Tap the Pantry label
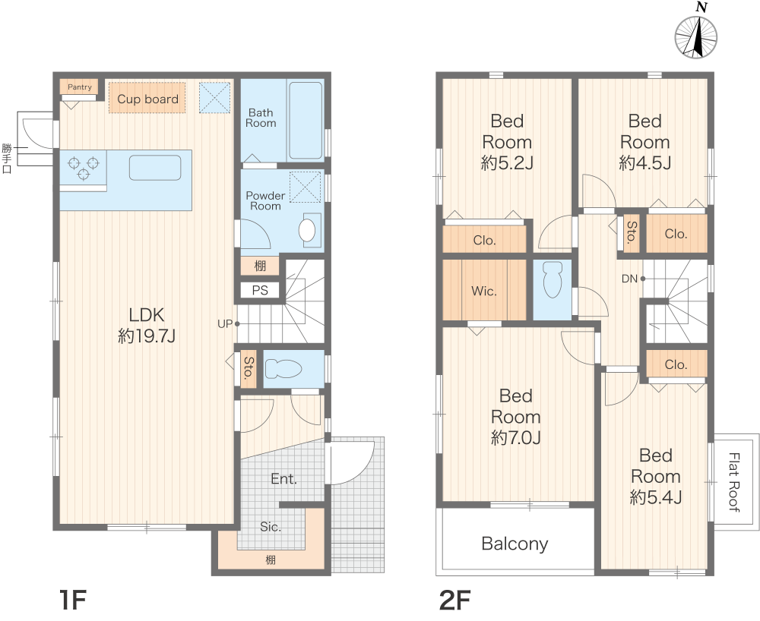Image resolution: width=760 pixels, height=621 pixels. [x=80, y=87]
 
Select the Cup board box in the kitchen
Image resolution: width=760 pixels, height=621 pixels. [x=147, y=98]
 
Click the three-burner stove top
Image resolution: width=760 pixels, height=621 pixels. [x=84, y=167]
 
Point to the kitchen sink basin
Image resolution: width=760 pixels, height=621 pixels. [x=155, y=168]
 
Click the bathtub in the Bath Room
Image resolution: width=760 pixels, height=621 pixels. [x=306, y=121]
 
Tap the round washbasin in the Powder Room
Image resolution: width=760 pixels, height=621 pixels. [x=307, y=230]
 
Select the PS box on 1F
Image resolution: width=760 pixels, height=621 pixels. [x=260, y=290]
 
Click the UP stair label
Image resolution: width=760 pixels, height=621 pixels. [x=225, y=324]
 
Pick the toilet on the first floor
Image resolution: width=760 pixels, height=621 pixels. [x=283, y=369]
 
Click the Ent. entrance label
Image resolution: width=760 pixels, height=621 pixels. [x=283, y=479]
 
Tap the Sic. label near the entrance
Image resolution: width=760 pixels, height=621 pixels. [x=270, y=527]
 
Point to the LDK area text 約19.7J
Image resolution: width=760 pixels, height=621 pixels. [x=147, y=336]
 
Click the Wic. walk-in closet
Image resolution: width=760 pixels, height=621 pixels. [x=484, y=291]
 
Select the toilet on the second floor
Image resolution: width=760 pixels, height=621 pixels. [x=553, y=279]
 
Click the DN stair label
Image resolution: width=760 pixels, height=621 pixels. [x=629, y=279]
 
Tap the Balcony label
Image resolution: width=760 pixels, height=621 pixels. [x=515, y=544]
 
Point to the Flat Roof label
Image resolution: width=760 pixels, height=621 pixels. [x=734, y=481]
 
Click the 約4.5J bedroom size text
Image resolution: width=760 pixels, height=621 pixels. [x=644, y=163]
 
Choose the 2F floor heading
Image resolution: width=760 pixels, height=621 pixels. [x=454, y=601]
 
